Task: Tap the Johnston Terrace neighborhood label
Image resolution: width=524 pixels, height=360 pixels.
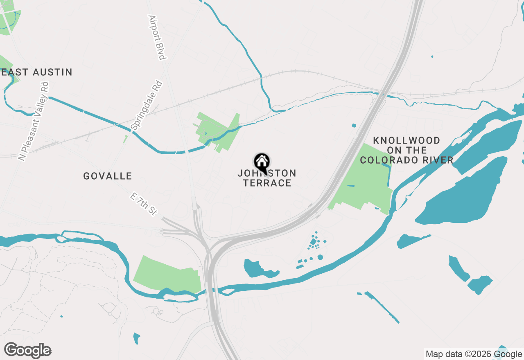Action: [x=267, y=178]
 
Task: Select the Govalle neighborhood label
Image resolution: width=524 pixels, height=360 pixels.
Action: [x=108, y=176]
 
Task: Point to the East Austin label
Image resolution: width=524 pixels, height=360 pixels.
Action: [x=37, y=72]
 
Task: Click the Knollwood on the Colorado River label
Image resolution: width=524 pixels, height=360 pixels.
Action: [x=407, y=151]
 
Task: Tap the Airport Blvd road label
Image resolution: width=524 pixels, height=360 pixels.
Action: [x=157, y=38]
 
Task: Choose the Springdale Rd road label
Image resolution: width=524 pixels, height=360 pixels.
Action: [x=147, y=105]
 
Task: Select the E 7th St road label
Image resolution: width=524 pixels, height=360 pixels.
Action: [x=143, y=204]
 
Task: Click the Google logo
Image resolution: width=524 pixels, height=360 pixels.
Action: [x=28, y=351]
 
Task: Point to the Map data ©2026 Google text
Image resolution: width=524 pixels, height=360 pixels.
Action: [x=474, y=354]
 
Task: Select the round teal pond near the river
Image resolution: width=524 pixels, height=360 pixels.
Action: [x=320, y=257]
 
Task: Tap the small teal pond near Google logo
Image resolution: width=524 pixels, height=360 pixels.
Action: [x=136, y=338]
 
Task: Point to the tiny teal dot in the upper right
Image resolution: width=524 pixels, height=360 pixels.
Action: [x=432, y=56]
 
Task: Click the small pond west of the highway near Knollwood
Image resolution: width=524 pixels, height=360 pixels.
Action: [x=353, y=125]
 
